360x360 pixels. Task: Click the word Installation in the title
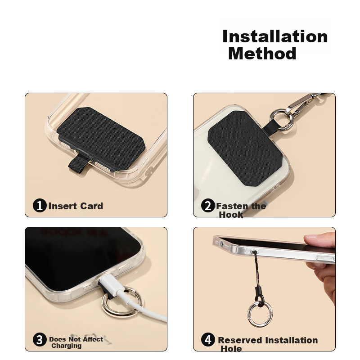point(275,36)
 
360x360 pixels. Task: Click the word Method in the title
point(262,53)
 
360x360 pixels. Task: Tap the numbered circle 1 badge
point(40,206)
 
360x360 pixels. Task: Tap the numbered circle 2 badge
point(208,206)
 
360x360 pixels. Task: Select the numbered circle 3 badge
point(40,340)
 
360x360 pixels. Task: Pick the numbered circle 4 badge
point(208,340)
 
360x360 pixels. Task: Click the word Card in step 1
point(92,206)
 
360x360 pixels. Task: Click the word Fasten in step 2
point(232,206)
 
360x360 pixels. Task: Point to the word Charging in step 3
point(66,346)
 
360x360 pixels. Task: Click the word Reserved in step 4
point(240,340)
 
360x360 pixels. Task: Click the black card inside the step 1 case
point(100,138)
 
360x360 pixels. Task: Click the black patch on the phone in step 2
point(245,148)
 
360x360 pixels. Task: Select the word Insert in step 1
point(63,206)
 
